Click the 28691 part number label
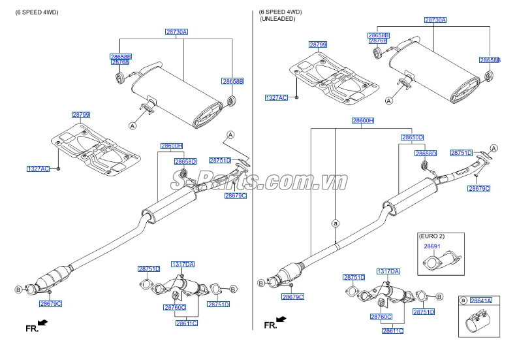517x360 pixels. click(431, 247)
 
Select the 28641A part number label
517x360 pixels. click(481, 300)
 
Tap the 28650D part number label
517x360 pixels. click(412, 138)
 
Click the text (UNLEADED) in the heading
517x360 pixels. click(277, 20)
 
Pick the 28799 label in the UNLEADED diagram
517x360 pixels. click(318, 45)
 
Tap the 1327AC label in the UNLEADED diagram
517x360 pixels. click(275, 97)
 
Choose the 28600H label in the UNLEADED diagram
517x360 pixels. click(362, 121)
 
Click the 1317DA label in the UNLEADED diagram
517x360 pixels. click(388, 270)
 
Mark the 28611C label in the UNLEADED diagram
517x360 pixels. click(392, 331)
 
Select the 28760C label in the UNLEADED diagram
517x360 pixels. click(381, 316)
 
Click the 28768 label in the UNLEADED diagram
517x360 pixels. click(378, 41)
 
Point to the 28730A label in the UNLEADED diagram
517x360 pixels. click(435, 20)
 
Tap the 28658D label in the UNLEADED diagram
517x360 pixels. click(425, 154)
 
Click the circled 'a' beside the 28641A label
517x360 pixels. click(463, 301)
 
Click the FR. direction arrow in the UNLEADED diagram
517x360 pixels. click(281, 319)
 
